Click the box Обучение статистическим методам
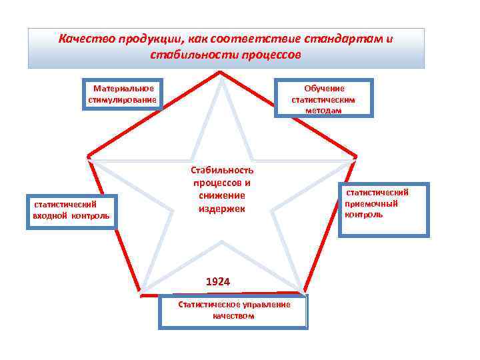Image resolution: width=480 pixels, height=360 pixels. tap(324, 98)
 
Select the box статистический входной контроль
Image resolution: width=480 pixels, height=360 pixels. tap(71, 211)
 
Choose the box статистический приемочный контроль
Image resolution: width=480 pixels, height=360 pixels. tap(383, 209)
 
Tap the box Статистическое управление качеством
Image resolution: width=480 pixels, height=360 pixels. tap(233, 312)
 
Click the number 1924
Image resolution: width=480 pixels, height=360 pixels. tap(218, 282)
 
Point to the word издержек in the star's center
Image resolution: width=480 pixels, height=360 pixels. tap(221, 209)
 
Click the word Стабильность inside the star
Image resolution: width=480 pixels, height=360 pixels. tap(222, 170)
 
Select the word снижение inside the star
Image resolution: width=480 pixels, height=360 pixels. tap(222, 195)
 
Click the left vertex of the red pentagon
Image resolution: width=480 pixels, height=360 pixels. tap(88, 157)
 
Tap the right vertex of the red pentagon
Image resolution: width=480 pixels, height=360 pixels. tap(355, 157)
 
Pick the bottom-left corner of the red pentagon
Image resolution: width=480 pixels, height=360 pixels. tap(140, 293)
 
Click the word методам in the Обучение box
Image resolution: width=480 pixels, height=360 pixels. tap(324, 111)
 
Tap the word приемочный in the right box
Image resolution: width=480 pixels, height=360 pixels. tap(371, 203)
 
